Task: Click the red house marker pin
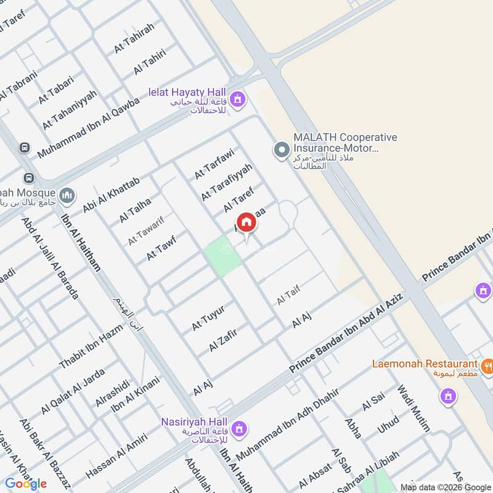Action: coord(246,223)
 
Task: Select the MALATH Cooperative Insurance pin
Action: coord(281,150)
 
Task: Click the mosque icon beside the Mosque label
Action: coord(67,195)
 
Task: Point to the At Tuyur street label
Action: coord(208,317)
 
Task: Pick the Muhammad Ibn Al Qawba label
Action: coord(89,128)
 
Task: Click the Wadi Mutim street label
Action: coord(415,407)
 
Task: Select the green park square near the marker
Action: coord(222,256)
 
